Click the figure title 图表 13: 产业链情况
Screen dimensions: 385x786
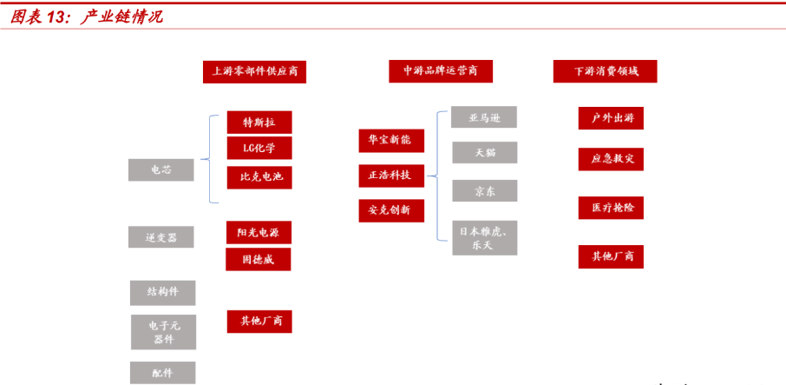(87, 17)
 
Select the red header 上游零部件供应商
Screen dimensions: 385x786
(254, 71)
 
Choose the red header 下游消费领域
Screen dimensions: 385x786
(605, 71)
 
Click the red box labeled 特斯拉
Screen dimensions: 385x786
(259, 123)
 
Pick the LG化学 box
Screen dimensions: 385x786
(259, 149)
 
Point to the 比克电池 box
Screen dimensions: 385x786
(259, 178)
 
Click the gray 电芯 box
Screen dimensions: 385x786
(161, 170)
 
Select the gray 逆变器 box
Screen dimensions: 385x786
(161, 237)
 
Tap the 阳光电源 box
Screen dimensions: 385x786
(258, 232)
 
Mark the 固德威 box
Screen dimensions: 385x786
(258, 259)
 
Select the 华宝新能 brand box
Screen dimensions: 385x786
(390, 140)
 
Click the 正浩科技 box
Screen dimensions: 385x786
(390, 175)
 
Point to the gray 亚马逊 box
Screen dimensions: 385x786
(484, 117)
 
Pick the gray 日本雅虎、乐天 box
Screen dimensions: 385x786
(484, 237)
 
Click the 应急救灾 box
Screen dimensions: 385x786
(611, 160)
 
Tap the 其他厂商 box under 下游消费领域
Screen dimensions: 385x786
(611, 256)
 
